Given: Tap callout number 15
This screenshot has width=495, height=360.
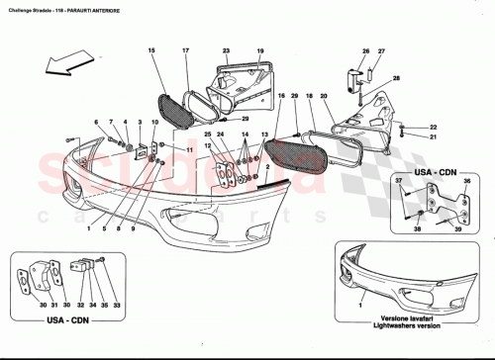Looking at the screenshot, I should tap(151, 50).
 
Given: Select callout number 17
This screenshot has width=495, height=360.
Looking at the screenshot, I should tap(185, 50).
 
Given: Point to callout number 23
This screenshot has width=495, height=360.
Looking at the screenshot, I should tap(226, 50).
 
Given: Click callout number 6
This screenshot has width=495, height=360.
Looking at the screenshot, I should tap(97, 122).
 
